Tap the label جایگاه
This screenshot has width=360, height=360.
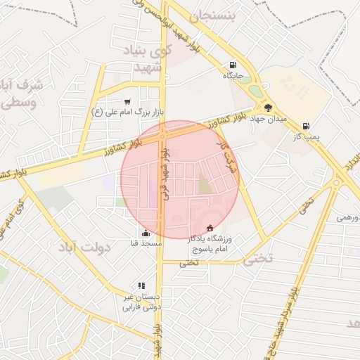click(233, 75)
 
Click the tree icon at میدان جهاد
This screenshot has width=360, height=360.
click(269, 108)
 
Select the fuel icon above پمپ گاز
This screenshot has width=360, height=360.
click(306, 126)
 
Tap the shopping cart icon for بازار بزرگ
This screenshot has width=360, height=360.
click(127, 102)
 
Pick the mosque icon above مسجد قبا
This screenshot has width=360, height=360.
click(146, 233)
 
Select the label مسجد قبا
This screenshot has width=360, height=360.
click(146, 243)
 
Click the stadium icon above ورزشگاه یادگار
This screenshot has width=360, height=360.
click(210, 228)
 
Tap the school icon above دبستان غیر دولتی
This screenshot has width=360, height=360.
click(141, 286)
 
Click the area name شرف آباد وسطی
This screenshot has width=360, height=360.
click(22, 93)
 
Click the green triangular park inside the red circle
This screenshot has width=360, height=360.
click(204, 186)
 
